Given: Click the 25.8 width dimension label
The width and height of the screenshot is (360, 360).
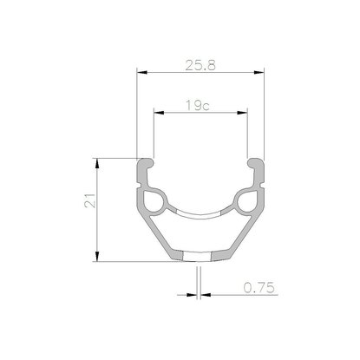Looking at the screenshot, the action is pos(200,65).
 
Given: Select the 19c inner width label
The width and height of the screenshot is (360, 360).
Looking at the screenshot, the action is pos(198,106).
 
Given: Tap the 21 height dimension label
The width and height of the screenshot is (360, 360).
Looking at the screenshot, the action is pos(90,200).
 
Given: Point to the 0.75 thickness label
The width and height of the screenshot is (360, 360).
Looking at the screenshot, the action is pos(259,288).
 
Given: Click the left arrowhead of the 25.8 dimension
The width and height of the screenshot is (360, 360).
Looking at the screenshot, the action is pos(142,72).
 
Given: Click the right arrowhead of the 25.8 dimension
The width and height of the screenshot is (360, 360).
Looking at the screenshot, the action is pos(259,72).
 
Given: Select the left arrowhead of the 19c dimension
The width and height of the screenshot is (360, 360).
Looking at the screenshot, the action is pos(159,113).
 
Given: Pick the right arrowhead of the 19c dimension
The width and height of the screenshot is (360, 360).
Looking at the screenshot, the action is pos(242,113).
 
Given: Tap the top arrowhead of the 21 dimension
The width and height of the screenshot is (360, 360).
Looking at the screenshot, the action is pos(97,164).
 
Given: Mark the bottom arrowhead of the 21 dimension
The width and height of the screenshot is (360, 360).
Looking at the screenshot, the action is pos(97,257).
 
